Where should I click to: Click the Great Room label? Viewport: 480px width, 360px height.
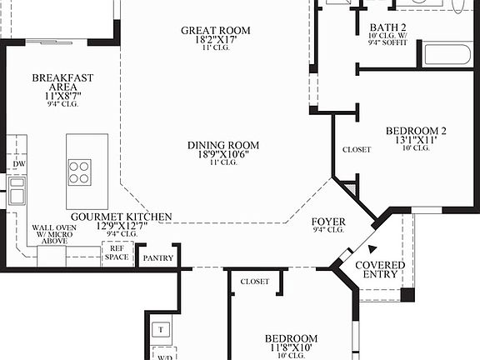(x=216, y=31)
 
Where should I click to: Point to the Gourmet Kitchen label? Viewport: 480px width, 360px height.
(x=121, y=217)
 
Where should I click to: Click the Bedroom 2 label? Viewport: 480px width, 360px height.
(x=416, y=131)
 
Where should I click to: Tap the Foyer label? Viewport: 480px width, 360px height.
(x=328, y=222)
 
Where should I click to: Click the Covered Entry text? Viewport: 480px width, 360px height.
(x=380, y=270)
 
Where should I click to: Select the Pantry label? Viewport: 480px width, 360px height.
(x=157, y=258)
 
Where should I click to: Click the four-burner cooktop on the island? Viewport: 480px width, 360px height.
(x=80, y=172)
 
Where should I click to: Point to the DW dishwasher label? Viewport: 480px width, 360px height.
(x=17, y=165)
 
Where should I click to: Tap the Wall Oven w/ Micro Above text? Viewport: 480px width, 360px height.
(x=54, y=235)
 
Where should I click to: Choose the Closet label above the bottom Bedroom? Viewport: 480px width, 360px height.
(x=254, y=282)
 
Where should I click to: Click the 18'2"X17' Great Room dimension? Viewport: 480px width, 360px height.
(x=216, y=40)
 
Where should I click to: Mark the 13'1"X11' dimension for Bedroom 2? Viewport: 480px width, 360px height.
(x=416, y=141)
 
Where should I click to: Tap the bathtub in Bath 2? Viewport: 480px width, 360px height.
(x=448, y=54)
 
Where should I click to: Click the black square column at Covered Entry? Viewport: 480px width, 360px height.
(x=407, y=294)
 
